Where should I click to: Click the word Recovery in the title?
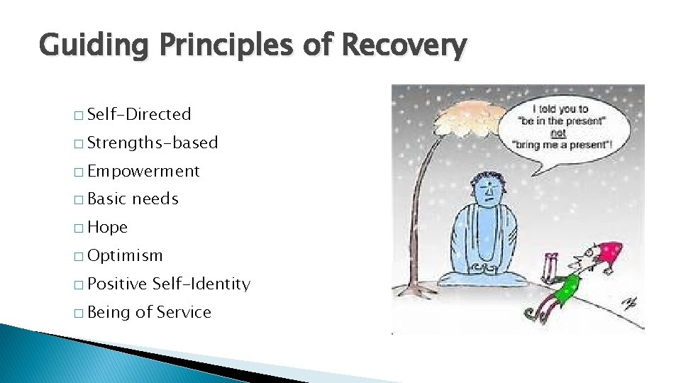[404, 46]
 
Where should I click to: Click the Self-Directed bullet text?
[139, 114]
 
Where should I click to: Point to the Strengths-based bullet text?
[153, 143]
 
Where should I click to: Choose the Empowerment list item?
[143, 171]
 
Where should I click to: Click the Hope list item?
[107, 228]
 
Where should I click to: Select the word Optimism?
[125, 256]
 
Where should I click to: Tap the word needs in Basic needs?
[155, 199]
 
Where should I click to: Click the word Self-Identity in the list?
[201, 284]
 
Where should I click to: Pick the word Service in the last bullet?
[184, 313]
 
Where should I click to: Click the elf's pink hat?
[609, 251]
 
